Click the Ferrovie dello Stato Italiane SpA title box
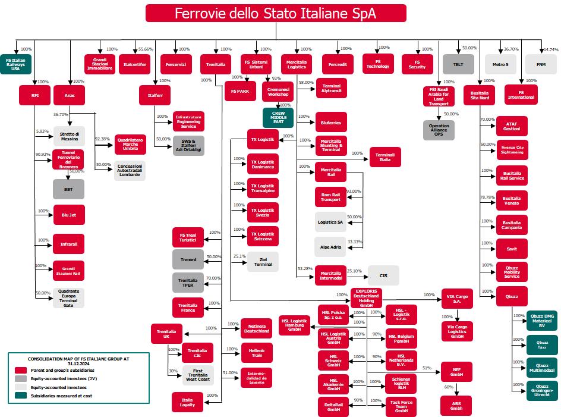[x=276, y=13]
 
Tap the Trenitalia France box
[x=188, y=307]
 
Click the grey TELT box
[x=458, y=64]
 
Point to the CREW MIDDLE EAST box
[x=278, y=117]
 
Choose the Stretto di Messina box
[x=69, y=136]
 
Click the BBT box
[x=69, y=189]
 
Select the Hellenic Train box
[x=257, y=352]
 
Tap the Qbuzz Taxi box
[x=541, y=345]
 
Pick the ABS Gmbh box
[x=456, y=406]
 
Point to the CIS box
[x=383, y=275]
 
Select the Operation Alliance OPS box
[x=439, y=130]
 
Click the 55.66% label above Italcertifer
[x=146, y=49]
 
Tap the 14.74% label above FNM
[x=550, y=49]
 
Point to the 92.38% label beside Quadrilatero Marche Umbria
[x=102, y=139]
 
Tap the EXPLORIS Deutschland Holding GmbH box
[x=366, y=297]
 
